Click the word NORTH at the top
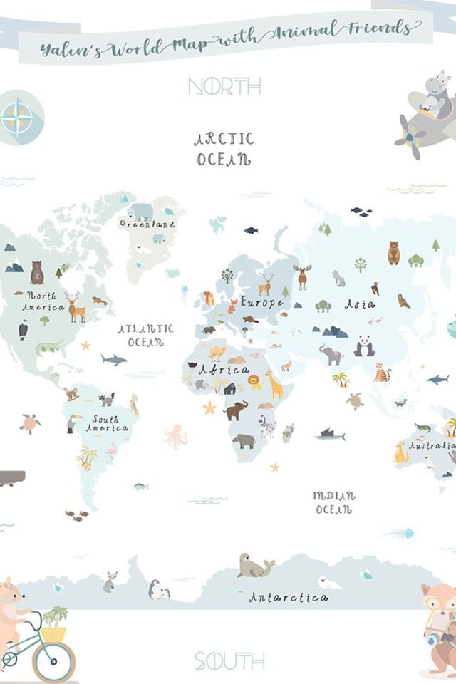(x=224, y=86)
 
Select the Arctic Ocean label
(x=224, y=149)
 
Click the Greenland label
(x=147, y=224)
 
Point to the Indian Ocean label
(x=333, y=502)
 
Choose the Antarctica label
(x=288, y=597)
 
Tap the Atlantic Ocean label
(x=145, y=335)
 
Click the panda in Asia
(x=364, y=346)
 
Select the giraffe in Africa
(x=274, y=384)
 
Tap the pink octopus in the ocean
(x=175, y=435)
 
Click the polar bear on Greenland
(x=140, y=212)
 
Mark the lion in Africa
(x=254, y=383)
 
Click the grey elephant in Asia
(x=331, y=353)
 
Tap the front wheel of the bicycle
(x=53, y=662)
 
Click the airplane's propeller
(x=412, y=135)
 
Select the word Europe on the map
(x=261, y=302)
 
